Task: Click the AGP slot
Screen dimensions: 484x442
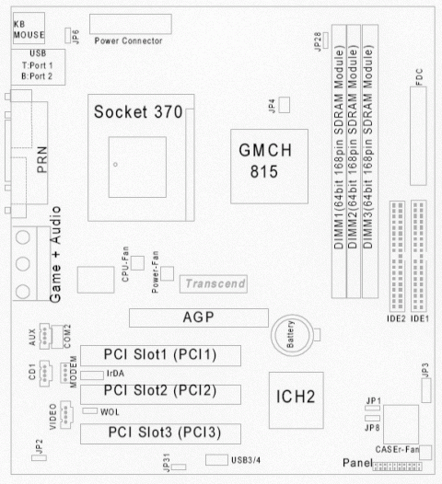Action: click(193, 318)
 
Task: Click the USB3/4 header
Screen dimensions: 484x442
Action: click(216, 458)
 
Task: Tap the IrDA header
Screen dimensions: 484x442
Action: click(91, 375)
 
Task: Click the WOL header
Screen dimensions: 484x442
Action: click(89, 412)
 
